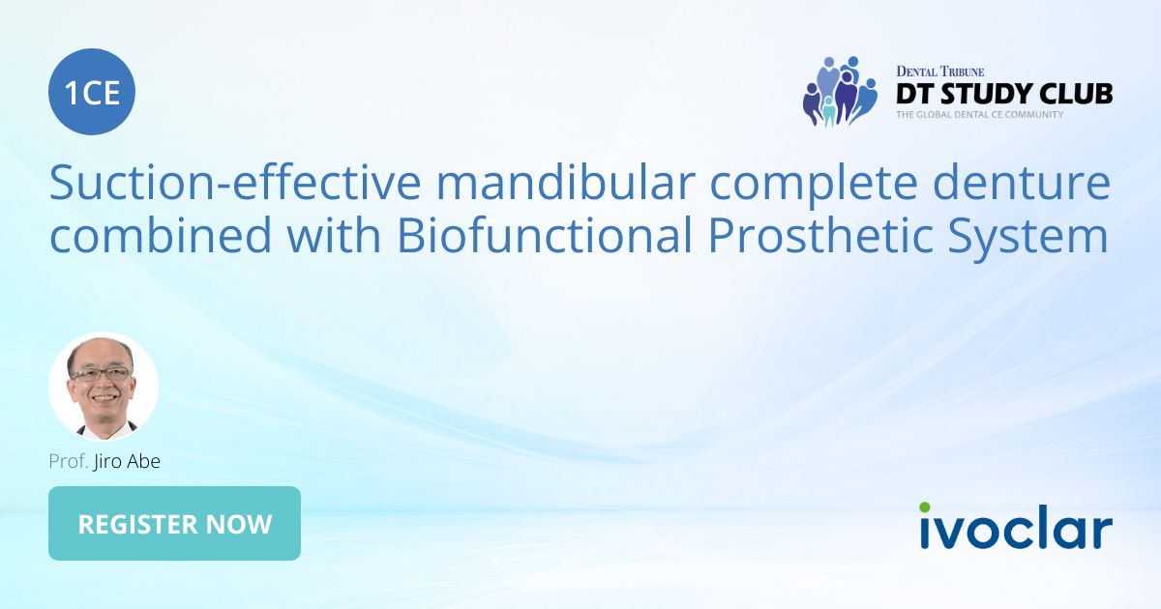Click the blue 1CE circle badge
coord(92,93)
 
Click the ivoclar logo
coord(1015,530)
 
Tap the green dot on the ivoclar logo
coord(925,507)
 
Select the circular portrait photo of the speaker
coord(104,387)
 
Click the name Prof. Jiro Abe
coord(104,461)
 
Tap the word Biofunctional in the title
coord(542,237)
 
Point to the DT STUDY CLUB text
coord(1003,94)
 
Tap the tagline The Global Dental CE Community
coord(979,115)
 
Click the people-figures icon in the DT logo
coord(839,92)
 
